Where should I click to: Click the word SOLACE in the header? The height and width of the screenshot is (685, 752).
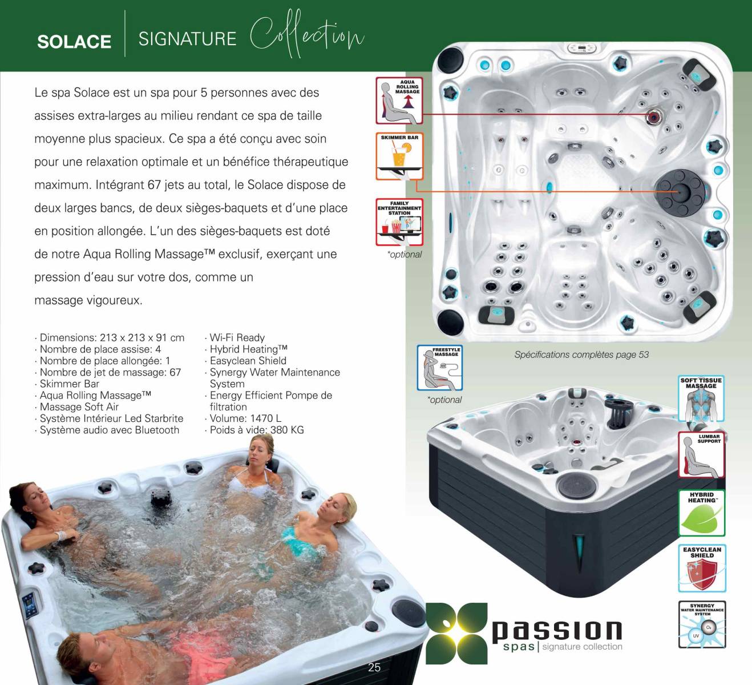74,41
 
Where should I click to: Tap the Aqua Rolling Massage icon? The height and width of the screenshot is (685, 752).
399,100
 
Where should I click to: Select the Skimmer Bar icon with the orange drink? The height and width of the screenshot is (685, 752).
399,156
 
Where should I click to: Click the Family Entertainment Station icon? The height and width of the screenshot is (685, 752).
399,222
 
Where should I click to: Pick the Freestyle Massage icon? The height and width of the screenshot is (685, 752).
440,368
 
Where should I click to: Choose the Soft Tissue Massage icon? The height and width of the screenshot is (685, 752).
701,398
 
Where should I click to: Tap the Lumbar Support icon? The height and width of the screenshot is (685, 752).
701,454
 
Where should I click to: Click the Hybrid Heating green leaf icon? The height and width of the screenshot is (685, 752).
701,513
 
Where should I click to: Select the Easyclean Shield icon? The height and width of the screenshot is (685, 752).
702,569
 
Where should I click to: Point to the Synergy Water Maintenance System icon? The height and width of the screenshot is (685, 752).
702,624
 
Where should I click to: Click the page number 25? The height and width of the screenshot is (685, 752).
374,667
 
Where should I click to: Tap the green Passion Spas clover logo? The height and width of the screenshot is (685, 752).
456,634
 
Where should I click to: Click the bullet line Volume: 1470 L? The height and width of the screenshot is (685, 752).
243,418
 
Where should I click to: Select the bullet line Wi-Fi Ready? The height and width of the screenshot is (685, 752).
235,337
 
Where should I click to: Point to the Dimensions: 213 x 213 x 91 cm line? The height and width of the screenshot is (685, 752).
110,337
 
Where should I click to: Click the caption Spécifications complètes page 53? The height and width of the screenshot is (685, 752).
581,355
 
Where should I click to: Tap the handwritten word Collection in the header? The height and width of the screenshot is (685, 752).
306,34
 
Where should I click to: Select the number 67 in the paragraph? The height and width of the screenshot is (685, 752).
154,185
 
